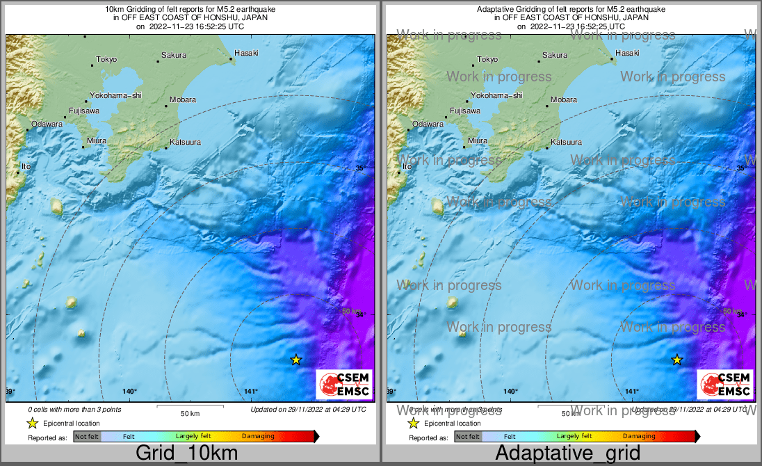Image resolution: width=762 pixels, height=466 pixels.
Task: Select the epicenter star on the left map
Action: click(x=296, y=360)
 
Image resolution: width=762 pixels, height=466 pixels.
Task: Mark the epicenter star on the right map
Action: click(x=677, y=360)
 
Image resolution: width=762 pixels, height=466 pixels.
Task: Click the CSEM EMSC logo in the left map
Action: click(x=344, y=385)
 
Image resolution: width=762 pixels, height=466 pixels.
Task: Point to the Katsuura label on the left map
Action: click(x=185, y=143)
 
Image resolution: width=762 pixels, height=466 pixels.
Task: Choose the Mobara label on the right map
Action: click(x=564, y=100)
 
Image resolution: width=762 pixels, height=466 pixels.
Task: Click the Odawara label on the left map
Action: click(x=46, y=124)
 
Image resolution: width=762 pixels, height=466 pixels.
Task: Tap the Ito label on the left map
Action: click(x=26, y=167)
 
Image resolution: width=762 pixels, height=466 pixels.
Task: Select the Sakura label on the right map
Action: click(x=554, y=56)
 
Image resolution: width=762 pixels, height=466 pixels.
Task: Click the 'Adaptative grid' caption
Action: click(x=568, y=453)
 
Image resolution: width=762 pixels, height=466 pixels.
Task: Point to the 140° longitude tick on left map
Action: click(x=130, y=392)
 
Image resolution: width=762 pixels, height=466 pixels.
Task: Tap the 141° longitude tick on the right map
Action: click(x=632, y=392)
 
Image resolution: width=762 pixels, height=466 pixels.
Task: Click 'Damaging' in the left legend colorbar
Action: click(x=258, y=436)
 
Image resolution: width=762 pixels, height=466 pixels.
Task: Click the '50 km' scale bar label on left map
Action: click(x=190, y=413)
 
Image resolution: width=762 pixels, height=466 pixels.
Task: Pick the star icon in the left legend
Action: click(x=32, y=423)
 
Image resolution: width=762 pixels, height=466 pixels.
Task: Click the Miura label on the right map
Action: click(x=478, y=140)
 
